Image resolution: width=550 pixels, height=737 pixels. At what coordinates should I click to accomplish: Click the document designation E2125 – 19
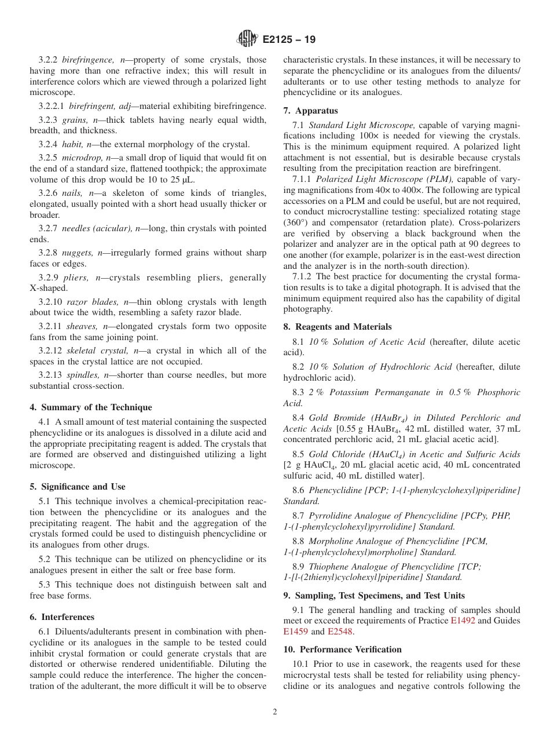[x=289, y=40]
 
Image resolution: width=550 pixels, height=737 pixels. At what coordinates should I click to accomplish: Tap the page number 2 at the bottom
[x=275, y=712]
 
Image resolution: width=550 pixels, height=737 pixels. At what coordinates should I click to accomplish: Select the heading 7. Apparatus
[x=310, y=111]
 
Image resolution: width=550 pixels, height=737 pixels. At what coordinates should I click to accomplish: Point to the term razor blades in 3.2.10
[x=86, y=302]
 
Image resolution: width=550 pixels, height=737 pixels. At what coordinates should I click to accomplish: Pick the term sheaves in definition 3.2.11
[x=81, y=326]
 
